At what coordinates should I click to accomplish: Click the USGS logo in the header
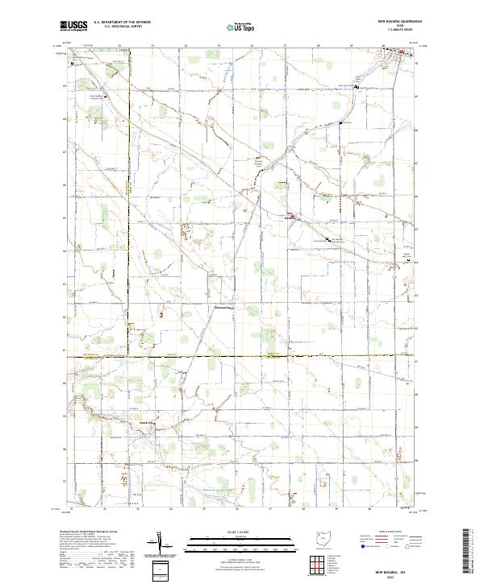click(73, 27)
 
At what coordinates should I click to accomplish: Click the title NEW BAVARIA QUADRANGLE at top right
click(398, 22)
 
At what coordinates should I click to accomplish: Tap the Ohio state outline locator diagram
click(323, 540)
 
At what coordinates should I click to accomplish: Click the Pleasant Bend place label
click(223, 307)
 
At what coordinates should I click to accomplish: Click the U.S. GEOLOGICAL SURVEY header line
click(122, 27)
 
